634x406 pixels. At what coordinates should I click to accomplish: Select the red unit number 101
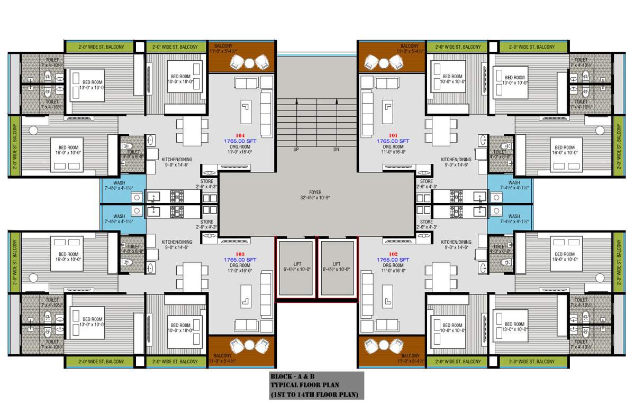pos(393,135)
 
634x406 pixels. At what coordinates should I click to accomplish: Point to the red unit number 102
pos(393,254)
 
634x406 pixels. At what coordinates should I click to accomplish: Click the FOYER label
pos(315,192)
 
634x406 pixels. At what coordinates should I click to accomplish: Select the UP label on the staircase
pos(296,150)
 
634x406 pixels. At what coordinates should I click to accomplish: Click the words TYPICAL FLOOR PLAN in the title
pos(304,385)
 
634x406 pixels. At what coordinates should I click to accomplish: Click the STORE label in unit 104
pos(207,181)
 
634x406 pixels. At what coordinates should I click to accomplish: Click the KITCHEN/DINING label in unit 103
pos(177,242)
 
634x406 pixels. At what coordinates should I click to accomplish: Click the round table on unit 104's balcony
pos(249,63)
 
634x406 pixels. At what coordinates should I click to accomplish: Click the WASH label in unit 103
pos(119,216)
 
